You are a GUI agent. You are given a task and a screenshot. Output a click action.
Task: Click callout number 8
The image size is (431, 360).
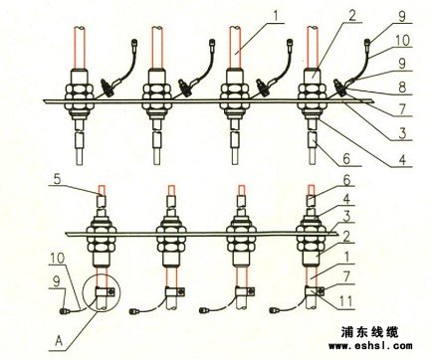(402, 88)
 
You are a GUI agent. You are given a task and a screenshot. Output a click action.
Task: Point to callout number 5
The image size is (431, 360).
(57, 179)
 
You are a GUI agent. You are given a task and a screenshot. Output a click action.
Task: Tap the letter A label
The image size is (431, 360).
(59, 340)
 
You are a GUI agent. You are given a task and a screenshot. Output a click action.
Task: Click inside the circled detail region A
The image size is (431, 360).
(102, 292)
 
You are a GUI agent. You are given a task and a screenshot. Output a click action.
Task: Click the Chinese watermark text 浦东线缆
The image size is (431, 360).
(369, 332)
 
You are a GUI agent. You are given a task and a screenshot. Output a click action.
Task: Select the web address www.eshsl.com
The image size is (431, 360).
(370, 346)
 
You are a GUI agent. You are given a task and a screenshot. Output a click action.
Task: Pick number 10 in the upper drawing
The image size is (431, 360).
(402, 41)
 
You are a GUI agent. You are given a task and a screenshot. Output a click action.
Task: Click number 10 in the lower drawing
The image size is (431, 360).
(58, 259)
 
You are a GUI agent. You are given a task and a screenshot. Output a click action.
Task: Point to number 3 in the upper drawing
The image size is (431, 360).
(402, 133)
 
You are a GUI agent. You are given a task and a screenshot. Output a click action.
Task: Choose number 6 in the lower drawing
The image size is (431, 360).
(346, 181)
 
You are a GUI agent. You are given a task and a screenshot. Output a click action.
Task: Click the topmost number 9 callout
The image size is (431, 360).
(402, 16)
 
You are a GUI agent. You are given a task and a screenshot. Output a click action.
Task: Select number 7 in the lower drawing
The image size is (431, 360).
(346, 277)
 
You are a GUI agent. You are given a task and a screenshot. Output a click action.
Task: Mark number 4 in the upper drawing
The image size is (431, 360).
(402, 160)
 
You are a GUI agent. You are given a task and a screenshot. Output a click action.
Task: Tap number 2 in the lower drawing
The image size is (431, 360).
(346, 237)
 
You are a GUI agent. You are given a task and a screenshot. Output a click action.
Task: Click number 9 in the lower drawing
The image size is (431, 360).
(57, 281)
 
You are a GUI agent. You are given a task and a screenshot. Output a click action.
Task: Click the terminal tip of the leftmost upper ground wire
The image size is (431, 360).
(135, 42)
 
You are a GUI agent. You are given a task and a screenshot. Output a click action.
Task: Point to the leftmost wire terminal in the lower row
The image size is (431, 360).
(63, 311)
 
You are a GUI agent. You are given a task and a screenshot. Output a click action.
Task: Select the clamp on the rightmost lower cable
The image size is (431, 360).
(314, 291)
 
